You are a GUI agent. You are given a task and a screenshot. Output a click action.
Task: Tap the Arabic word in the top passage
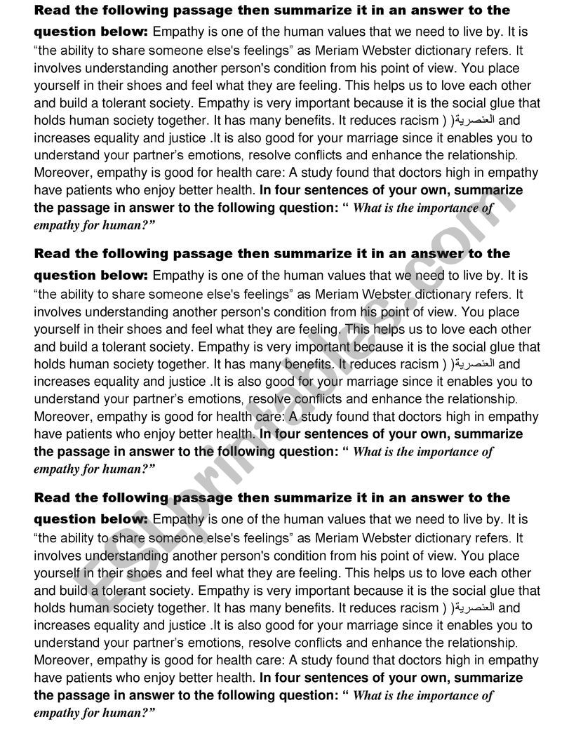(474, 120)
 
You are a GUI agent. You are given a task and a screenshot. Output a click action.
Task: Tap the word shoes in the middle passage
(145, 329)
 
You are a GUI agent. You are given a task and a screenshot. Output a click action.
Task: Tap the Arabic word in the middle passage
(474, 364)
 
